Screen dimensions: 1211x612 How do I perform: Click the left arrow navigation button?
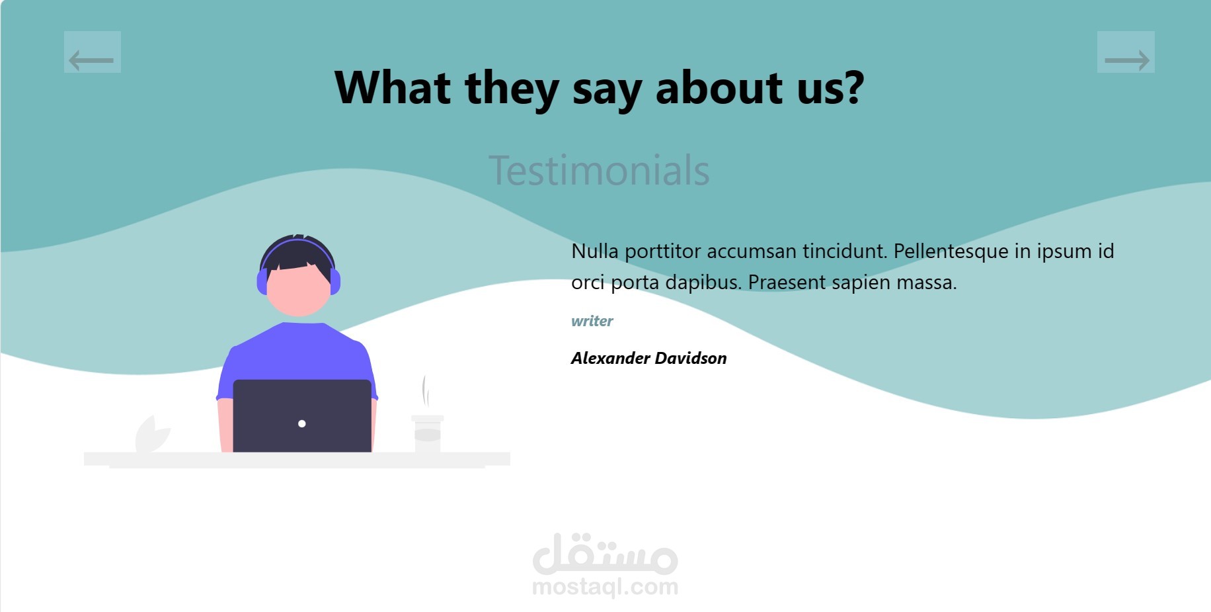93,52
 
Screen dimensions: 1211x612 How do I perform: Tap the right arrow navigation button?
1126,52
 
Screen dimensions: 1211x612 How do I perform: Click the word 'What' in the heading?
393,87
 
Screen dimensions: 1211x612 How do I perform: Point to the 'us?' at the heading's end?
831,87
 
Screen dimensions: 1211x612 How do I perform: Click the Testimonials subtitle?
599,170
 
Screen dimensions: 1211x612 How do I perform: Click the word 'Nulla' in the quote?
595,251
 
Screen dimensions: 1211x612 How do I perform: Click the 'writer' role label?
592,321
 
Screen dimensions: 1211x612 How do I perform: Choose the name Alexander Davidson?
649,358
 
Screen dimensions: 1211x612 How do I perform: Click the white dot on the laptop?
302,423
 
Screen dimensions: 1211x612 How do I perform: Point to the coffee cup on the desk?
428,434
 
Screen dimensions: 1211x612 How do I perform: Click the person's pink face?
298,290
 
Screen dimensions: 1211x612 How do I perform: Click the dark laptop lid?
302,415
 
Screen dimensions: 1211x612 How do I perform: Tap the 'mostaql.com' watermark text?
605,587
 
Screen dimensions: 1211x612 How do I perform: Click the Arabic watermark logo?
605,554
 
